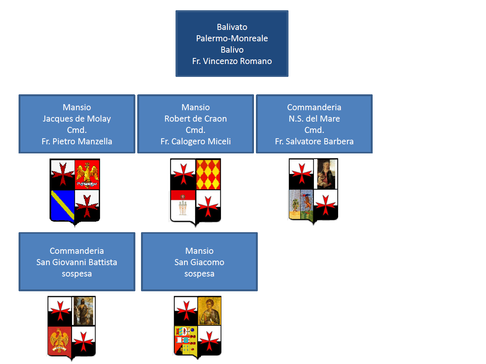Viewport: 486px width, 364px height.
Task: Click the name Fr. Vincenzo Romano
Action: pyautogui.click(x=232, y=61)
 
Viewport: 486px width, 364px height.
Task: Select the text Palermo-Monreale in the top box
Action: pyautogui.click(x=232, y=38)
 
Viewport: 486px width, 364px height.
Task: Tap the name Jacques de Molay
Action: pyautogui.click(x=77, y=119)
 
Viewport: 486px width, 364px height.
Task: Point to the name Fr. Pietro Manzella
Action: pyautogui.click(x=77, y=141)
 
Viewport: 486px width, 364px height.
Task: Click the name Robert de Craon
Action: pyautogui.click(x=196, y=119)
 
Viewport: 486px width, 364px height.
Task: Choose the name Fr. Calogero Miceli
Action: pyautogui.click(x=196, y=141)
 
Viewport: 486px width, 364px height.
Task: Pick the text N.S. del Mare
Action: pyautogui.click(x=314, y=119)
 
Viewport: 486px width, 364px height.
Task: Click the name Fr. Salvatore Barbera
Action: pyautogui.click(x=314, y=141)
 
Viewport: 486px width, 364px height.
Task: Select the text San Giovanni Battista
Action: pyautogui.click(x=77, y=262)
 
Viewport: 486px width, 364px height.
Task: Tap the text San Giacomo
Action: pyautogui.click(x=199, y=262)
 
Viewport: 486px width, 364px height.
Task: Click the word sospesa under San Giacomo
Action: pyautogui.click(x=199, y=273)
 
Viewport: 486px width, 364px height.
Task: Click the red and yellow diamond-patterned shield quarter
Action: pyautogui.click(x=208, y=174)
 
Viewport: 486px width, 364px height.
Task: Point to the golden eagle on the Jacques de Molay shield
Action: pyautogui.click(x=87, y=174)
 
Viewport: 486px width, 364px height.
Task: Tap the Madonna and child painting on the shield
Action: pyautogui.click(x=326, y=174)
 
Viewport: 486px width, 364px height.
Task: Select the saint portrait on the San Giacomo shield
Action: pyautogui.click(x=209, y=311)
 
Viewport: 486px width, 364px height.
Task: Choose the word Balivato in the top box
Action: pyautogui.click(x=232, y=27)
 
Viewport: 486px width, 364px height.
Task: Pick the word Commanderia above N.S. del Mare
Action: pyautogui.click(x=314, y=107)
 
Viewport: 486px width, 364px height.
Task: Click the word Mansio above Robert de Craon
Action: pyautogui.click(x=196, y=107)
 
